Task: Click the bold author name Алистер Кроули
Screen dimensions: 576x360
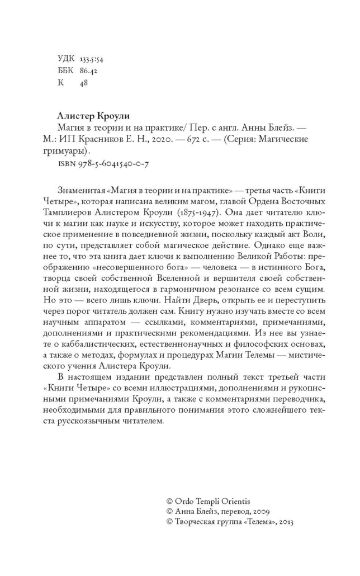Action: (93, 116)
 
